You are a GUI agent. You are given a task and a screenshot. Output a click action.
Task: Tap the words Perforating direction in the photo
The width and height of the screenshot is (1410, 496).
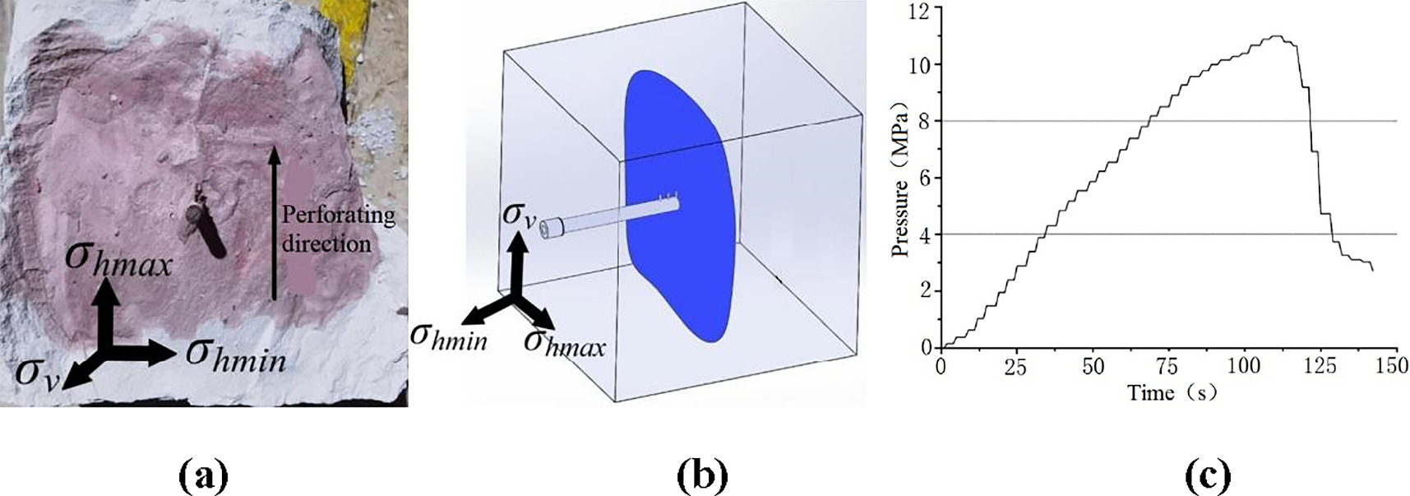point(338,229)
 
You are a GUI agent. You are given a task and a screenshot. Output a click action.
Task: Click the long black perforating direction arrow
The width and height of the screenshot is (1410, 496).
point(274,222)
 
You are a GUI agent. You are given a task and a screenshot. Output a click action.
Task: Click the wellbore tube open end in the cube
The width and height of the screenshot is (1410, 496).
point(548,229)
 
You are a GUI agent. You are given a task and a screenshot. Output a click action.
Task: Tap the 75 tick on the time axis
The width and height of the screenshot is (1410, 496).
point(1167,366)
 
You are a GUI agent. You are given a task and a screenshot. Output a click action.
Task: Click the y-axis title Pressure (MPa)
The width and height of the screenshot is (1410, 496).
point(903,179)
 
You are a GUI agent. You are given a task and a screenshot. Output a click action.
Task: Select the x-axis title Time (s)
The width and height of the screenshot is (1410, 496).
point(1172,392)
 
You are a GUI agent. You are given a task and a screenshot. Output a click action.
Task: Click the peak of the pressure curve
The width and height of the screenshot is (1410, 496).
point(1274,36)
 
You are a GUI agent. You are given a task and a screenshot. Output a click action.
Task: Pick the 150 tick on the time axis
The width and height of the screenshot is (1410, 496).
point(1392,366)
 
